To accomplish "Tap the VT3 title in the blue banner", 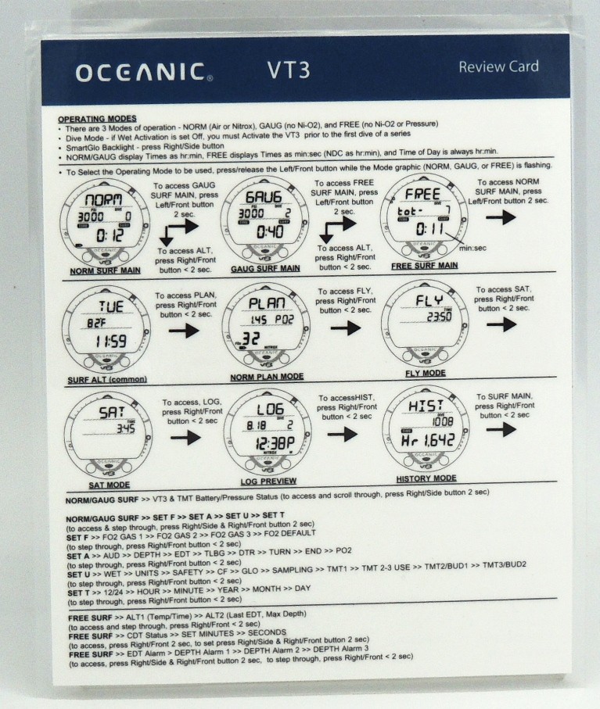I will pos(291,70).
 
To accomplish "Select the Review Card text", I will pos(498,66).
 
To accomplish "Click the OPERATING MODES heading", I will pos(98,118).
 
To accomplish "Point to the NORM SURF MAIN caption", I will pos(102,270).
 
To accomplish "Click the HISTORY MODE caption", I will pos(426,478).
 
